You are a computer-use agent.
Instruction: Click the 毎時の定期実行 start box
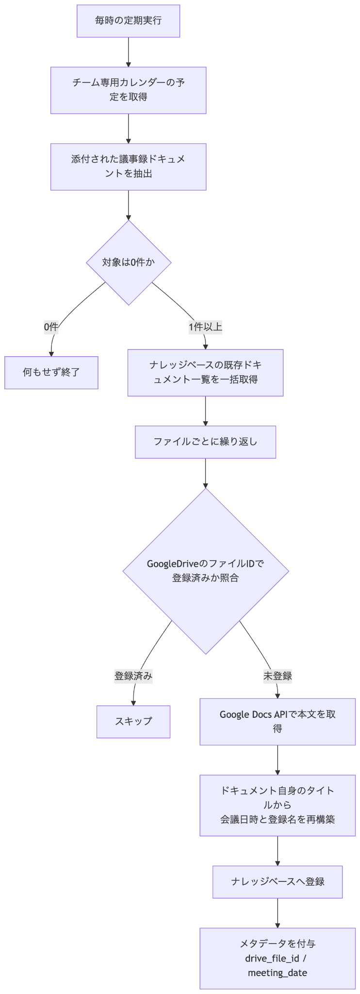tap(129, 21)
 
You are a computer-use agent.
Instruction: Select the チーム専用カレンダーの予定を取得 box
tap(129, 90)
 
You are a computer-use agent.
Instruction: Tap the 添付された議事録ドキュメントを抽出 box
tap(129, 166)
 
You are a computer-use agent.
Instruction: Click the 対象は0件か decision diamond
tap(129, 263)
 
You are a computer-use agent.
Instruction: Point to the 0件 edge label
tap(51, 327)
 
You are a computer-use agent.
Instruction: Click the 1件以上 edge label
tap(206, 327)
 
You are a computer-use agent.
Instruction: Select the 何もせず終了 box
tap(51, 373)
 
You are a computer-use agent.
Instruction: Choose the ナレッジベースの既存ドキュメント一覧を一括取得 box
tap(206, 373)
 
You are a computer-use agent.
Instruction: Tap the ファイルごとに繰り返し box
tap(206, 442)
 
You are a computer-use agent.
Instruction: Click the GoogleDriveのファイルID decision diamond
tap(206, 571)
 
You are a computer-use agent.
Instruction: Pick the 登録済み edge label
tap(133, 676)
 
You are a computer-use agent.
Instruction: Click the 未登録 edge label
tap(278, 676)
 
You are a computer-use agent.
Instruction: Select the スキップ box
tap(133, 722)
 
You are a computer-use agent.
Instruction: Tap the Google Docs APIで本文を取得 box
tap(278, 722)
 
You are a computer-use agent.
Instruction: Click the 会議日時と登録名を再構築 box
tap(278, 805)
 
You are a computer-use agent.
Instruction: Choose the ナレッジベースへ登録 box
tap(278, 882)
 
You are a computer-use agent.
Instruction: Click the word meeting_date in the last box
tap(278, 973)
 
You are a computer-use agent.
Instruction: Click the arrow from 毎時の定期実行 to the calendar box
tap(129, 52)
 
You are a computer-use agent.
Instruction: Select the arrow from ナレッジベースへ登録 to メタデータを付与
tap(278, 913)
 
